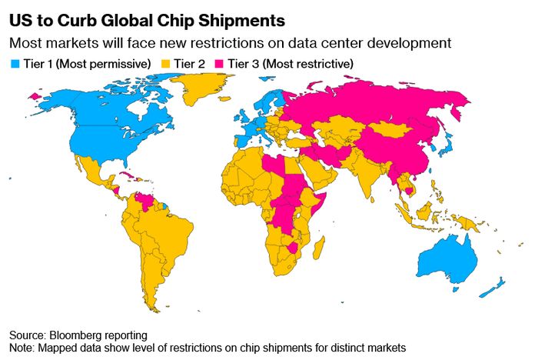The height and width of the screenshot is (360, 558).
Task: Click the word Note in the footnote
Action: [x=22, y=348]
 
